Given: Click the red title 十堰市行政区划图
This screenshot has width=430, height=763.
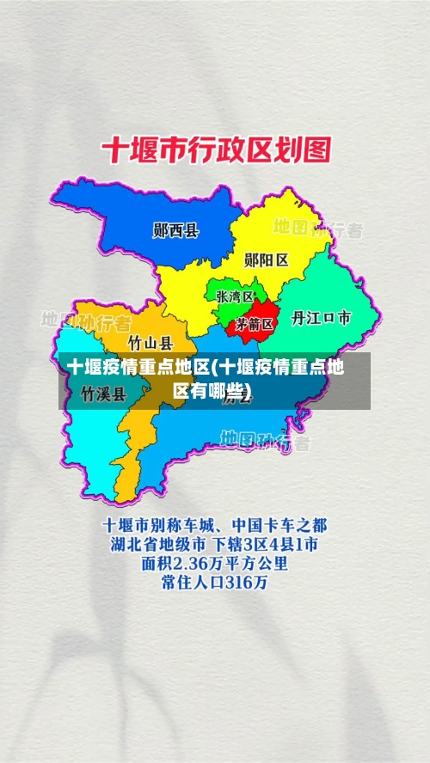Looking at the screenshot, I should click(x=216, y=152).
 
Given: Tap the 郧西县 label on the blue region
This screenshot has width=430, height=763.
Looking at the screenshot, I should click(x=175, y=230).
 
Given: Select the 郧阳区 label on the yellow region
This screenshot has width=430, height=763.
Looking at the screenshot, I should click(x=266, y=259).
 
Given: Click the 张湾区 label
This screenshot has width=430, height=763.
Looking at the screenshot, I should click(x=234, y=296).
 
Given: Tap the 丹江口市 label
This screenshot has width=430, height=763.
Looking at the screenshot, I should click(x=321, y=318).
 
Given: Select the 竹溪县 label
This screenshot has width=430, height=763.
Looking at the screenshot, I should click(x=103, y=394).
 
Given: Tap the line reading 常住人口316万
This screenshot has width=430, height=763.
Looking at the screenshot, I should click(x=214, y=583).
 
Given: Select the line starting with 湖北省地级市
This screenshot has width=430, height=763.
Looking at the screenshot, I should click(x=214, y=543).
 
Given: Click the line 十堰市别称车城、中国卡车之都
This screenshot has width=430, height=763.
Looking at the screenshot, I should click(x=214, y=523).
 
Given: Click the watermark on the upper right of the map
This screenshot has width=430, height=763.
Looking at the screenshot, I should click(x=317, y=229).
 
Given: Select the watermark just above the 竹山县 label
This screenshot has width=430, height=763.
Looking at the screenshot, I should click(x=86, y=321).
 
